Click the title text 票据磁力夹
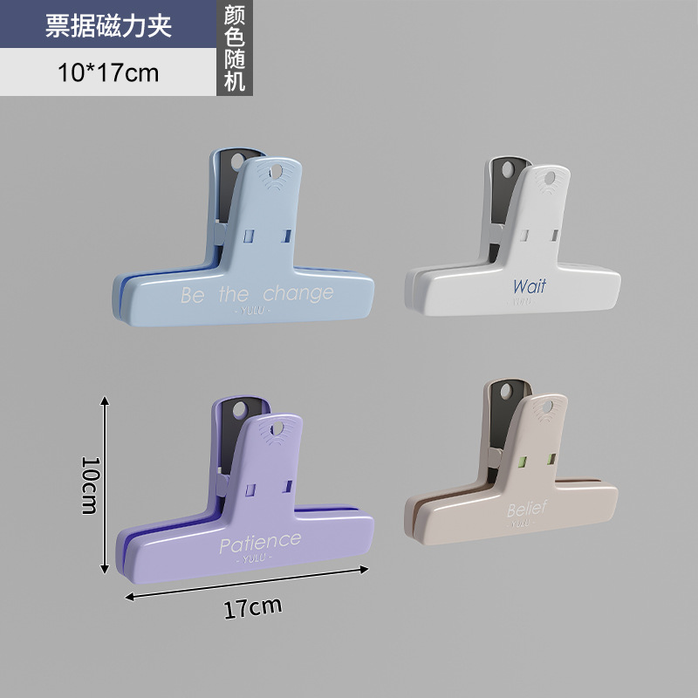[x=108, y=25]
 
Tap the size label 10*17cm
[x=108, y=72]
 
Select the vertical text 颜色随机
[x=234, y=47]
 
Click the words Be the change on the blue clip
[x=257, y=294]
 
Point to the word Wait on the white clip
[x=529, y=285]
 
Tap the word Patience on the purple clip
[x=259, y=544]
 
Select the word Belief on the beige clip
[x=529, y=509]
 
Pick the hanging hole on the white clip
[x=550, y=179]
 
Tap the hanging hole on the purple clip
[x=278, y=428]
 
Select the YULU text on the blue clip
[x=255, y=310]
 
